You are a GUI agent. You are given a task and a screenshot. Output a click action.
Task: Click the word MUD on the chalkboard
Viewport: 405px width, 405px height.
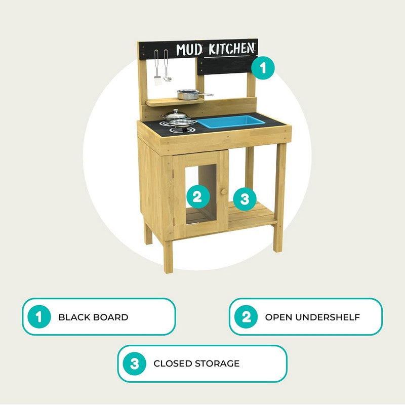[189, 50]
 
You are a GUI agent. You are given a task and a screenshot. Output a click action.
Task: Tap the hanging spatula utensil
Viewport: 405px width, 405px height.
[157, 67]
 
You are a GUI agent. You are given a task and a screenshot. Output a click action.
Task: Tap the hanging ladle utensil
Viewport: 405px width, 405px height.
[167, 66]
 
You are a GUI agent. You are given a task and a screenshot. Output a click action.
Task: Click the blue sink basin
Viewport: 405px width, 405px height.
[231, 121]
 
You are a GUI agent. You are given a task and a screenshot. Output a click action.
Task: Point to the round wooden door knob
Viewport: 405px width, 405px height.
[224, 192]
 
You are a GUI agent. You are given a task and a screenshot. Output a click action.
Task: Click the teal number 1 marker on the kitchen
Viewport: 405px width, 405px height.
[263, 68]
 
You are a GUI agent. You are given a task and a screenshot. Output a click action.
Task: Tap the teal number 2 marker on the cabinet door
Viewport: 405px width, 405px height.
[197, 197]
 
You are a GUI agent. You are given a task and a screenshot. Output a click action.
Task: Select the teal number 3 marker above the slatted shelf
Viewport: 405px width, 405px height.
[245, 199]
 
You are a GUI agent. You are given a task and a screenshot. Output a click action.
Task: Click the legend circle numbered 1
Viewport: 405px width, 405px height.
[39, 317]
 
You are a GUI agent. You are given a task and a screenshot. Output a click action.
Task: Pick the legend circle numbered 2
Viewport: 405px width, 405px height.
[246, 317]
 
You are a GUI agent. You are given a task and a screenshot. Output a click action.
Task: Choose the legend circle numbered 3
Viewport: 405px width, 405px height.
[134, 363]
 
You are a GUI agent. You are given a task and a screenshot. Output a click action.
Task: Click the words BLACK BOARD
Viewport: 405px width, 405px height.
[93, 317]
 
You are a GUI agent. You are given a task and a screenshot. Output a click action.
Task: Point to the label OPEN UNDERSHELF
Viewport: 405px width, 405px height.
[312, 317]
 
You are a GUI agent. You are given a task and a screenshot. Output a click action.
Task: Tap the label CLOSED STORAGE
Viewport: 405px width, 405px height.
[196, 363]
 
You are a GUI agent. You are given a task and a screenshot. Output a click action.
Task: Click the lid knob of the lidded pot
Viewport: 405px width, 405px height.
[176, 111]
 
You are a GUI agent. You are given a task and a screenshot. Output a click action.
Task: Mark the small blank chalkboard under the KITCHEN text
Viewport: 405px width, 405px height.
[226, 66]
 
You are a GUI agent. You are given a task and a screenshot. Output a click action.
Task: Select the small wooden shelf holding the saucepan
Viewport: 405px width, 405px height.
[175, 102]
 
